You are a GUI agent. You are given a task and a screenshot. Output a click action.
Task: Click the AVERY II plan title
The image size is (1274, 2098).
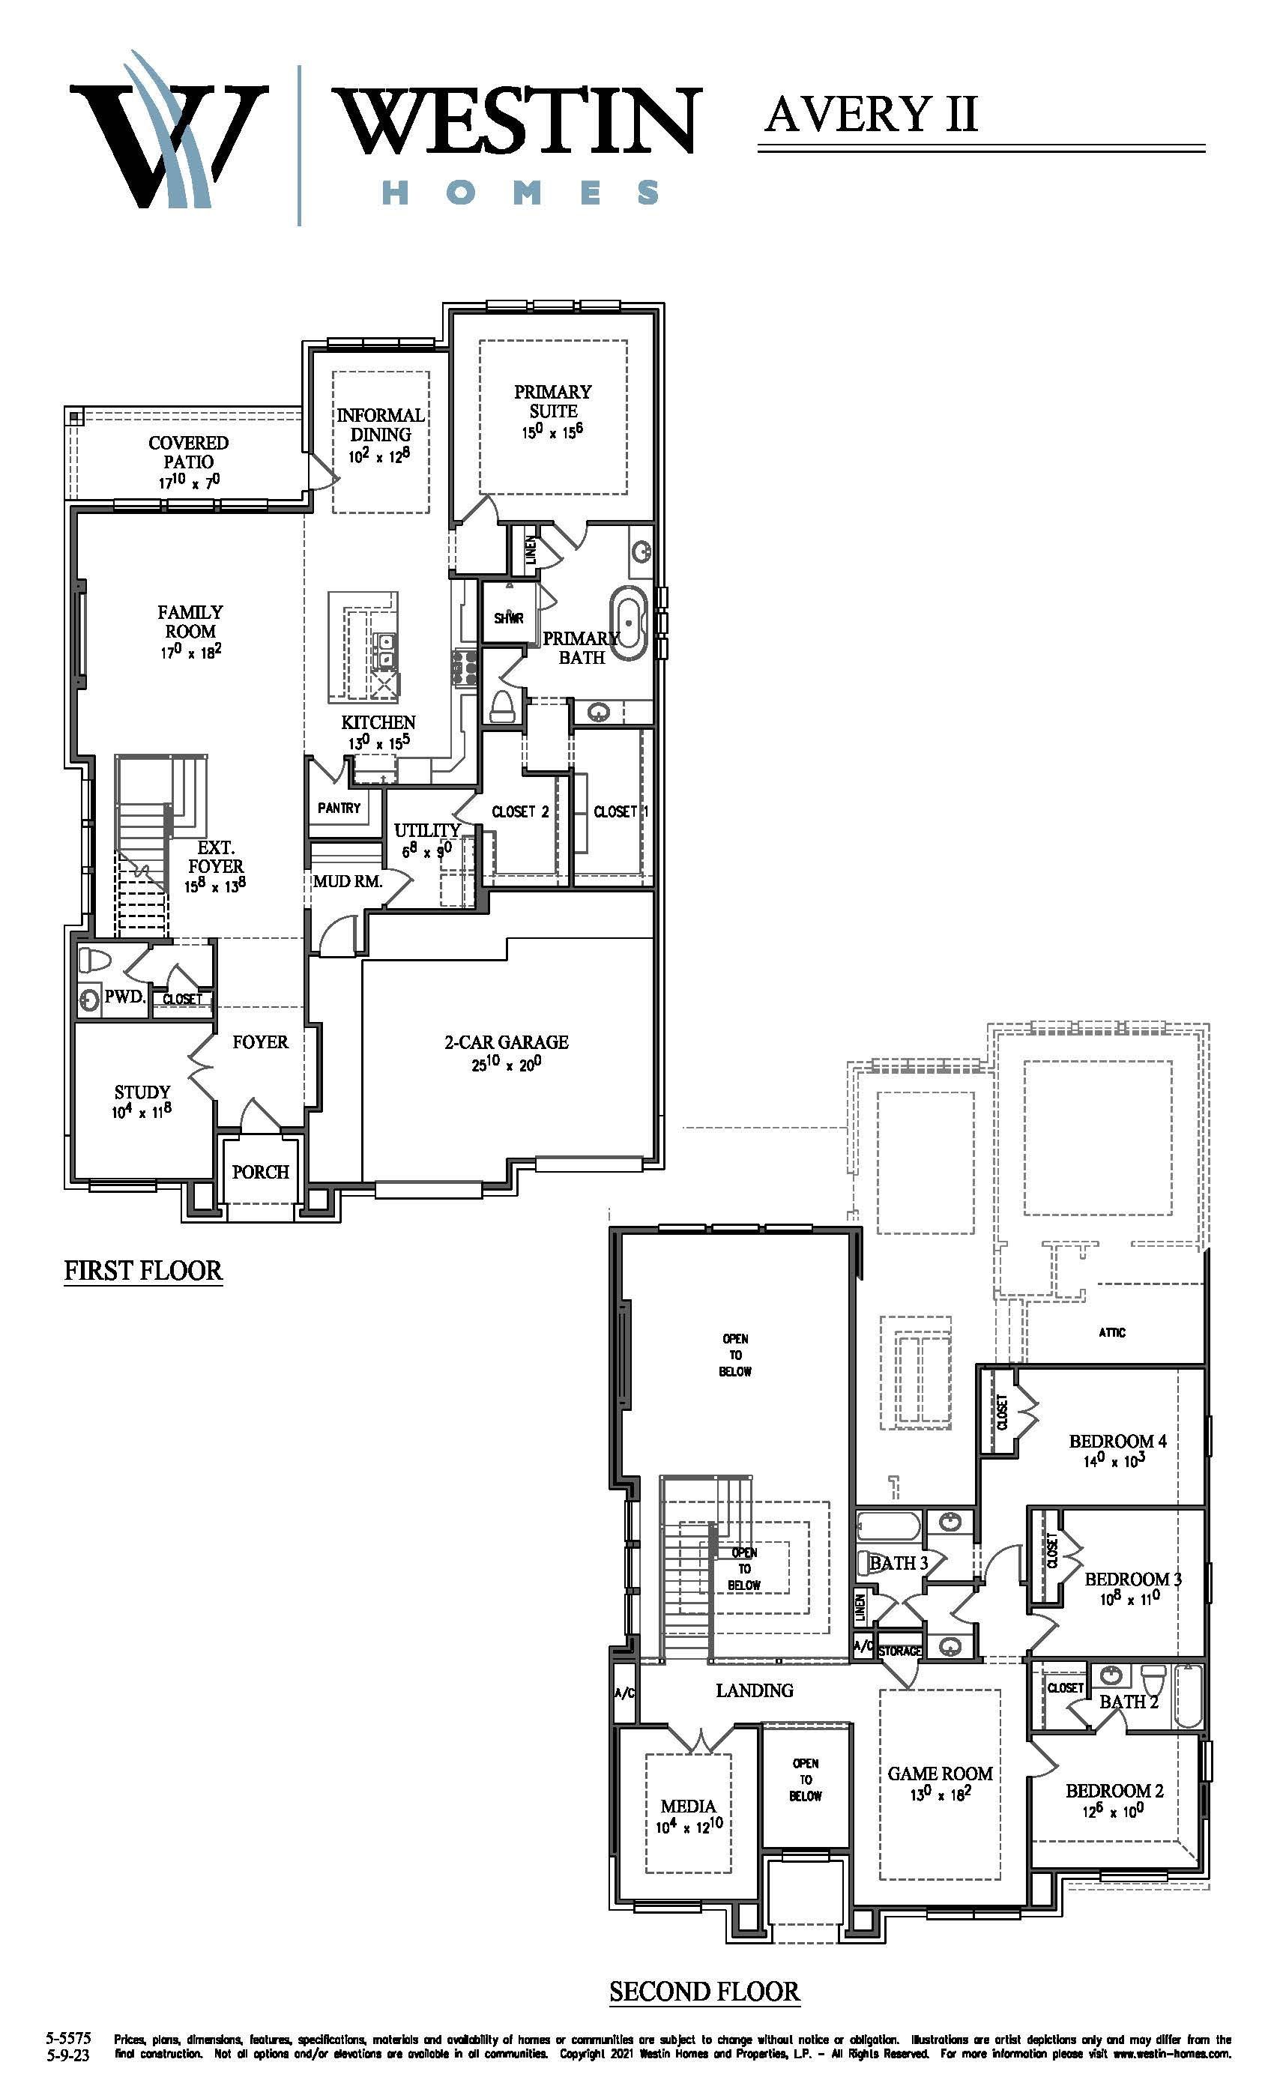[870, 113]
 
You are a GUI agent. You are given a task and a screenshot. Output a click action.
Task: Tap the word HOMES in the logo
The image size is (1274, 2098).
[519, 192]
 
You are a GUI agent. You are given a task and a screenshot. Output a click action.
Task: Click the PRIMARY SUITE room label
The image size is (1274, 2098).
[553, 401]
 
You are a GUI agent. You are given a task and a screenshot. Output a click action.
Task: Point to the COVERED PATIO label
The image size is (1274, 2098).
[188, 452]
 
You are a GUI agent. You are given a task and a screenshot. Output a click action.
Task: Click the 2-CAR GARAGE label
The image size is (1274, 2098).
[506, 1042]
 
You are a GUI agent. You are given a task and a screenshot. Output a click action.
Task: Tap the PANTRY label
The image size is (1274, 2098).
[339, 807]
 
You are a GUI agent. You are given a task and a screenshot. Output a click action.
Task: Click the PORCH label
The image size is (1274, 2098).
[261, 1172]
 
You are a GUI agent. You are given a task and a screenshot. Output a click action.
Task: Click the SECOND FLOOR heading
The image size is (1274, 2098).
[704, 1992]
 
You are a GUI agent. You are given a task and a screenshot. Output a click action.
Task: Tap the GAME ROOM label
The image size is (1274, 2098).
[941, 1773]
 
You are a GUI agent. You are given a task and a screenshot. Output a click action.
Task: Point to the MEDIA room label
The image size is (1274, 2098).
[688, 1806]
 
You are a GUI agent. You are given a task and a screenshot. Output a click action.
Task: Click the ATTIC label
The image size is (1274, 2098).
[1112, 1332]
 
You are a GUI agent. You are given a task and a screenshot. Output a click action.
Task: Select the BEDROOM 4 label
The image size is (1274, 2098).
[1117, 1441]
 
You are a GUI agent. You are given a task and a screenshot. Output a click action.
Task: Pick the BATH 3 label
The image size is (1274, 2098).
[899, 1562]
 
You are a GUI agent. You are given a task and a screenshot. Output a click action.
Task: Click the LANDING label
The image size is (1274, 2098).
[755, 1690]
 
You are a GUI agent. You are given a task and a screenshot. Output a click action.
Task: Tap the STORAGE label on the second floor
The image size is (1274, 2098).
[899, 1651]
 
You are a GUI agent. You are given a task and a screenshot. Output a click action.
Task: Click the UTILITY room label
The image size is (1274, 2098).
[426, 829]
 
